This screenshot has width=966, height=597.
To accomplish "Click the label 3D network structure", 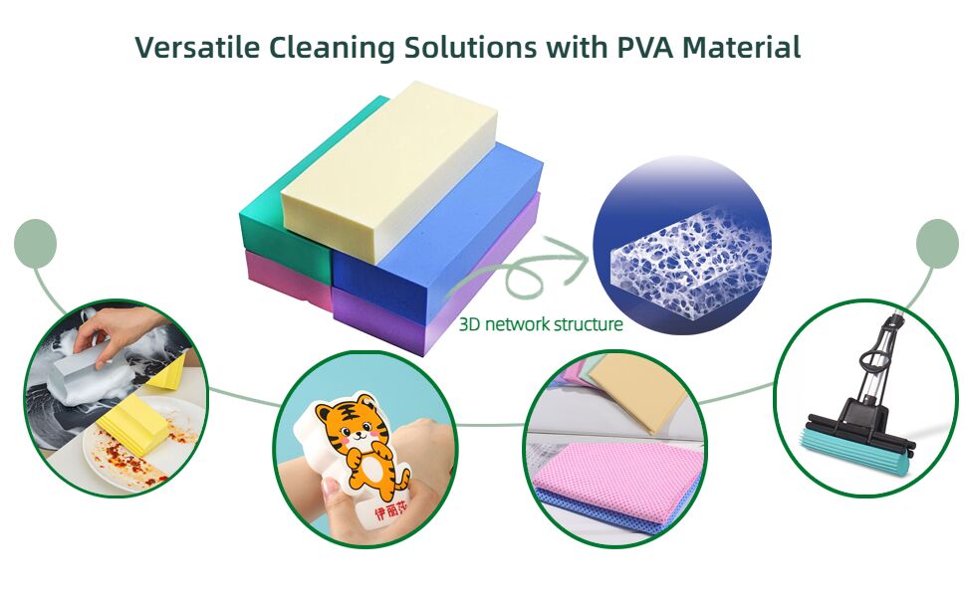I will (541, 324).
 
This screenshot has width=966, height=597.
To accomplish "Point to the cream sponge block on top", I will (388, 159).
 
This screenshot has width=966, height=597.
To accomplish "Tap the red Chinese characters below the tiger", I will (391, 509).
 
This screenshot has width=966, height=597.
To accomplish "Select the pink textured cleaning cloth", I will (607, 478).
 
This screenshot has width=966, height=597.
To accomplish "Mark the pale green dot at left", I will (36, 243).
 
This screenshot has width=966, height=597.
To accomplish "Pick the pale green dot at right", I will (936, 243).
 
